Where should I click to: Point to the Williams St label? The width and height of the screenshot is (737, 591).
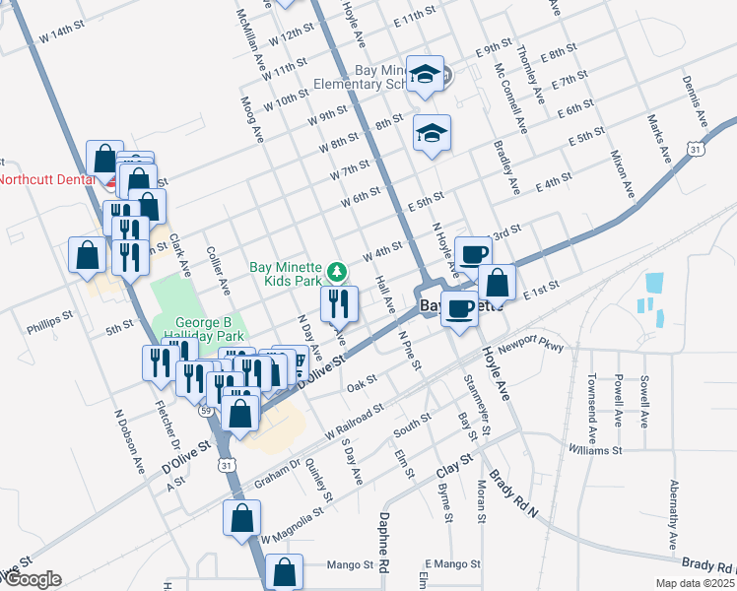595,450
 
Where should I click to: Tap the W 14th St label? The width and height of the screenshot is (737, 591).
63,35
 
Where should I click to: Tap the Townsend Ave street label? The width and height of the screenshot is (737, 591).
592,405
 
